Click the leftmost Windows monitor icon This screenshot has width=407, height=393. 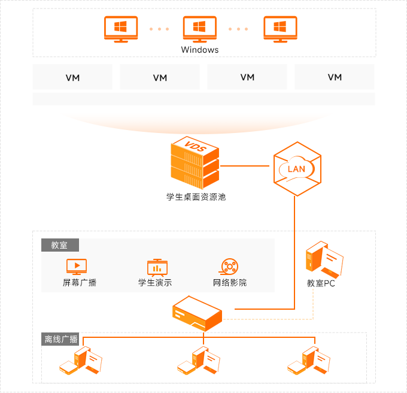tap(120, 29)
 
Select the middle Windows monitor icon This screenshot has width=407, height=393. tap(199, 29)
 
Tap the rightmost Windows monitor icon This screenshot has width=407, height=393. tap(279, 29)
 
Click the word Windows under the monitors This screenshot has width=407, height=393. tap(200, 50)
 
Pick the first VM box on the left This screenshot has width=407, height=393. tap(72, 77)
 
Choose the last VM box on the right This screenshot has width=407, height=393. tap(335, 77)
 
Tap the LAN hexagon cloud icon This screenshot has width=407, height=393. tap(296, 168)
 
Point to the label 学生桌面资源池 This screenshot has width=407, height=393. tap(196, 196)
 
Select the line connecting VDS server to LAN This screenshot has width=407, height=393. tap(246, 165)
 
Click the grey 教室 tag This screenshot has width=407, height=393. tap(60, 246)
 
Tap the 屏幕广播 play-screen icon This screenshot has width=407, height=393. tap(76, 266)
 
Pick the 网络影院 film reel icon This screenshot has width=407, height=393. tap(229, 267)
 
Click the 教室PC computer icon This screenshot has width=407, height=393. tap(324, 258)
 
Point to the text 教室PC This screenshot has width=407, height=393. tap(321, 283)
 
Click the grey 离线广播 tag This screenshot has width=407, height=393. tap(60, 339)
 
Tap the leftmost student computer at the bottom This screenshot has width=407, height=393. tap(81, 362)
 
